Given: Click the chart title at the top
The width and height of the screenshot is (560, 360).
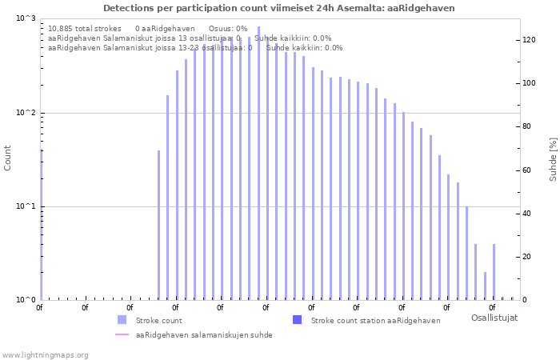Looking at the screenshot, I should tap(279, 8).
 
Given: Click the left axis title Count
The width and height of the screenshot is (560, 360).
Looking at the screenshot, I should tap(8, 158).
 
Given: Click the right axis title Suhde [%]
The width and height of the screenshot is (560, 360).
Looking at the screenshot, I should tap(553, 158).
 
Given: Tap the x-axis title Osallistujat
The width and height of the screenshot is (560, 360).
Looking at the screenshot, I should tap(494, 318).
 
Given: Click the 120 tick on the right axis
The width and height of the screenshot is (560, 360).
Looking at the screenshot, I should tap(529, 40).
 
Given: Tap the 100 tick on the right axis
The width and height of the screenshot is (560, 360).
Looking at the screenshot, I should tap(529, 83).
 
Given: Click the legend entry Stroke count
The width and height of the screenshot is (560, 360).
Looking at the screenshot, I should tap(158, 321).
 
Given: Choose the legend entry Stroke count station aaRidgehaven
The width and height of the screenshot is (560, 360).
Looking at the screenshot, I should tap(375, 321).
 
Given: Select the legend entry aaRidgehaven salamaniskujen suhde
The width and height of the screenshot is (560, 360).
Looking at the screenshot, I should tap(204, 335).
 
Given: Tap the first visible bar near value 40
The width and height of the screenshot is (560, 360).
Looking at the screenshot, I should tap(158, 225).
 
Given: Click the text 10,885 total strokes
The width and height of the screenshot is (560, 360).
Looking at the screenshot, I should tap(85, 28).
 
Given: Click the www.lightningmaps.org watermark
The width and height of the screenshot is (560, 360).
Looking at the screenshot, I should tap(46, 355).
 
